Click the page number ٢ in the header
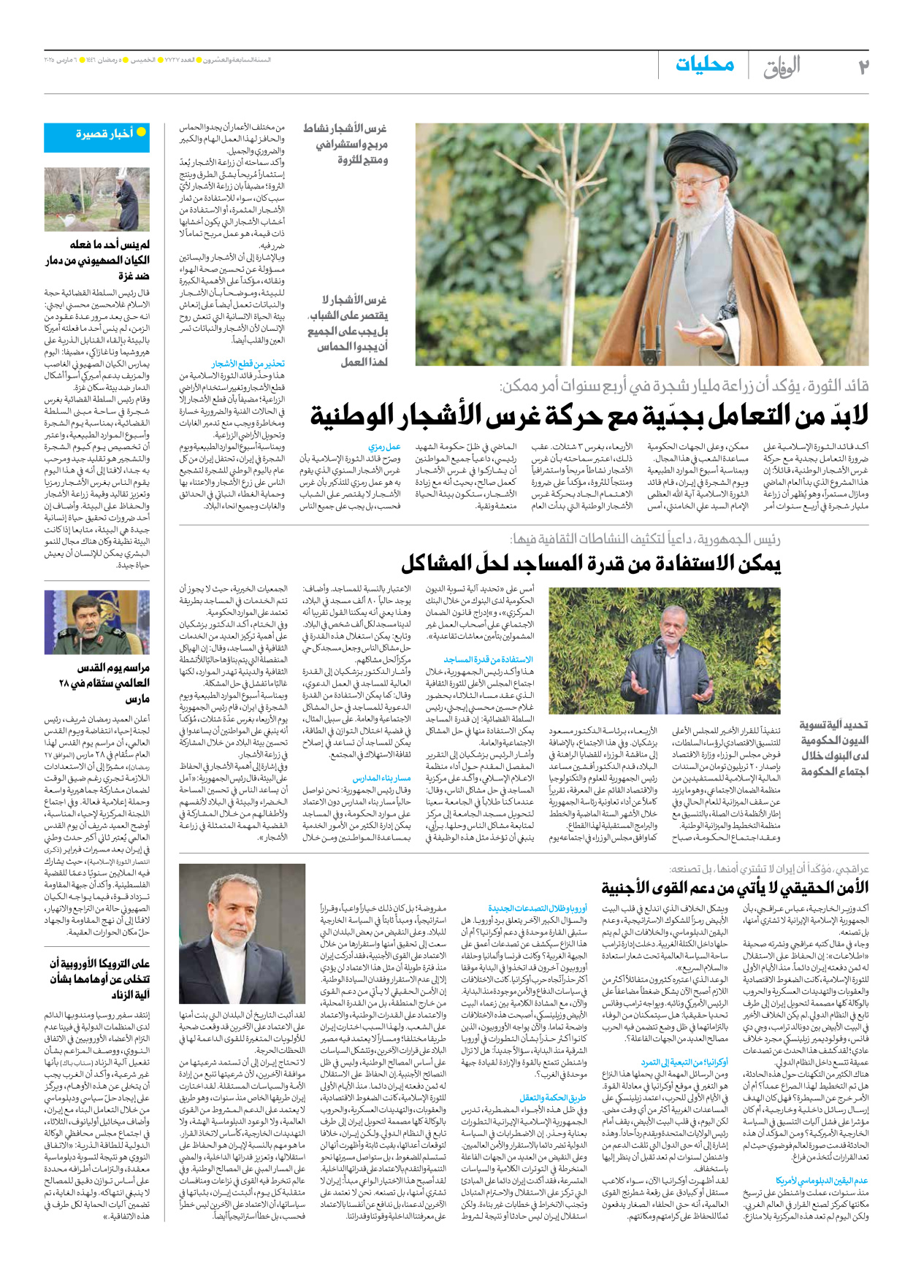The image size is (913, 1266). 863,67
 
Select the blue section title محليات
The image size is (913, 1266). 704,64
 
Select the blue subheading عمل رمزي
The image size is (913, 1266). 384,446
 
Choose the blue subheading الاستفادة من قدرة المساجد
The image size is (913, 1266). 489,659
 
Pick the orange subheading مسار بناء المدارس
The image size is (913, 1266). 381,779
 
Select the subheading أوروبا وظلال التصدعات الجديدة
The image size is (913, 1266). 538,908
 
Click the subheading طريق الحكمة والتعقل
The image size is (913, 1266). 553,1097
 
